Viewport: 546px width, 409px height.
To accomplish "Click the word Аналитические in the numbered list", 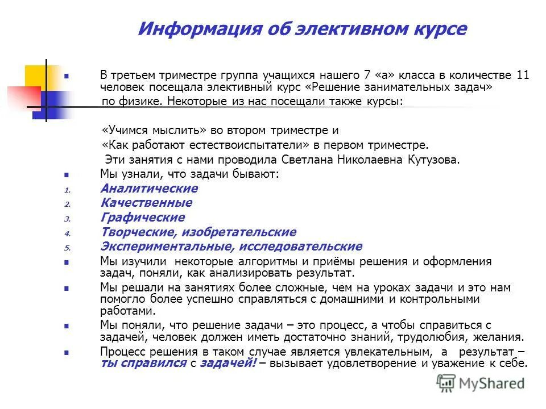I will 149,188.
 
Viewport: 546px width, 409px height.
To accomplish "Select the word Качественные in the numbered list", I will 146,203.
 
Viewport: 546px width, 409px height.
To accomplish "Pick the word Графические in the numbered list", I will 142,218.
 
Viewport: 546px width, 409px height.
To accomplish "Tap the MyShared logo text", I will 495,383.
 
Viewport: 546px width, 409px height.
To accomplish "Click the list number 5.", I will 67,248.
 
